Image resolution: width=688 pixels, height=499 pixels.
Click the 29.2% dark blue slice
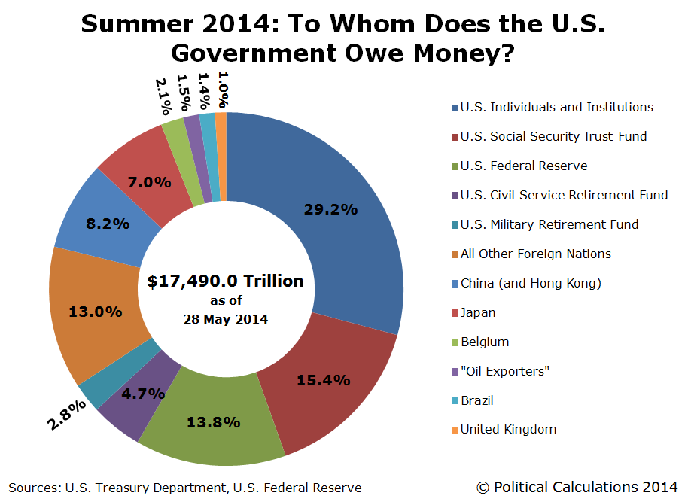pos(331,211)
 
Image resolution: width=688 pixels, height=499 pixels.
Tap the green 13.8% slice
pos(213,422)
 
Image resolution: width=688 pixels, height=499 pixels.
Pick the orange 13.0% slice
pos(95,312)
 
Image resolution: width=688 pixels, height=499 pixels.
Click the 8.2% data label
pos(108,224)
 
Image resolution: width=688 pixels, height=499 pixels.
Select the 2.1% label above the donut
pos(163,96)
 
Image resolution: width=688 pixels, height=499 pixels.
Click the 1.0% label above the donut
pos(223,88)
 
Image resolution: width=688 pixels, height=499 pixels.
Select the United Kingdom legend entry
pos(508,429)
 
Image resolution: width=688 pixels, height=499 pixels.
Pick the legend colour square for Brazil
pos(455,400)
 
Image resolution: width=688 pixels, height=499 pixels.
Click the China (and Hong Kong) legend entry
pos(531,283)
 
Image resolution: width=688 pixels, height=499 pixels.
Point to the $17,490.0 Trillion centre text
pos(226,281)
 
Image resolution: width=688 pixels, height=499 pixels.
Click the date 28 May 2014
pos(226,318)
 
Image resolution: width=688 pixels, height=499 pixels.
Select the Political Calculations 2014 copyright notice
pos(577,487)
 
